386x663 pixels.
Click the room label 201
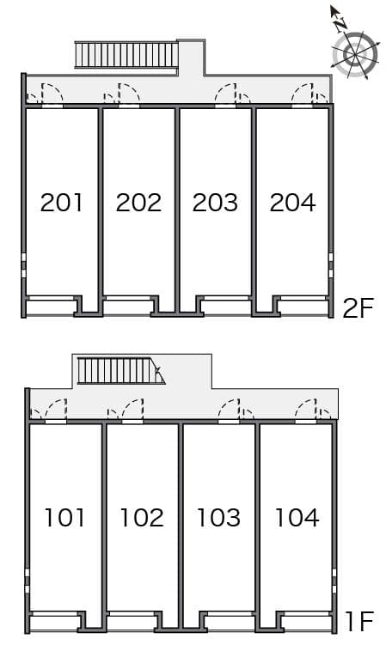pos(62,203)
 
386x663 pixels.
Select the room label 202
pos(138,203)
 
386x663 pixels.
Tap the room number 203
pos(215,203)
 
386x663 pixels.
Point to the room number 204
pos(292,203)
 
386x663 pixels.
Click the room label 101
pos(65,518)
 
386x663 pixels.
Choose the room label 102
pos(142,518)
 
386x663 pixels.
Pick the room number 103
pos(218,518)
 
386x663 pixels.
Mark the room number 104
pos(297,518)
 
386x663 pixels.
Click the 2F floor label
pos(357,307)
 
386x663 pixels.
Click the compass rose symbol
pos(353,53)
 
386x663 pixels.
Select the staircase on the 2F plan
pos(126,55)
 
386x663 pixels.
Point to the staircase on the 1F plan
pos(119,371)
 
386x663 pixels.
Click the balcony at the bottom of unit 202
pos(127,306)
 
